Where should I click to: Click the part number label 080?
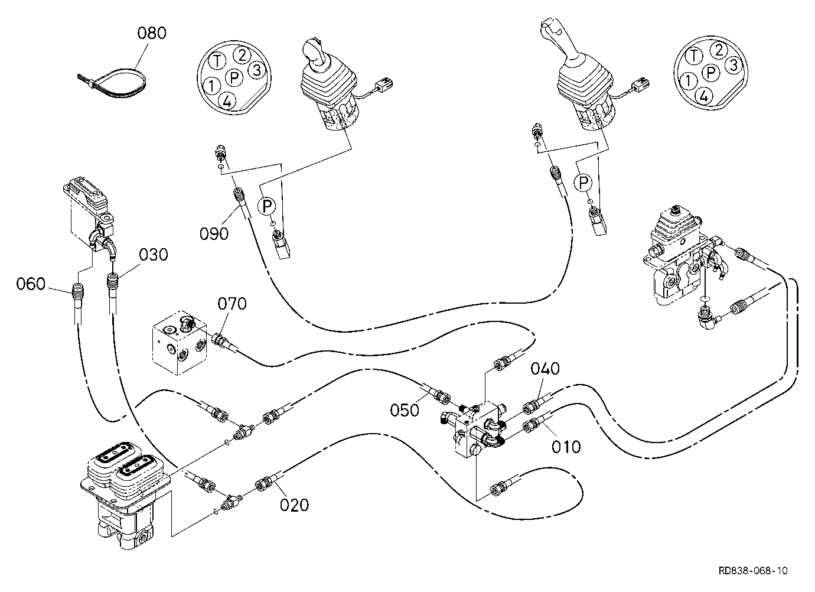(152, 33)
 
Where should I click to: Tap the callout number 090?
(214, 233)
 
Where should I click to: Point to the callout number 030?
(154, 255)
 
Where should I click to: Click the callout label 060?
(31, 284)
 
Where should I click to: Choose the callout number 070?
(232, 303)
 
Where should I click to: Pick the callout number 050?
(405, 410)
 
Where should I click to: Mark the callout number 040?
(545, 369)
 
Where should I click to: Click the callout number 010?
(566, 447)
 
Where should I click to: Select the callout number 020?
(294, 505)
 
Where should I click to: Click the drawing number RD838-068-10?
(753, 570)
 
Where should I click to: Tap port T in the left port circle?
(217, 60)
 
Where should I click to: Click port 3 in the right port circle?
(733, 65)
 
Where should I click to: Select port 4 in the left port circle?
(227, 101)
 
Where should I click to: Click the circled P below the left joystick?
(267, 206)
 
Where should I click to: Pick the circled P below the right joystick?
(583, 182)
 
